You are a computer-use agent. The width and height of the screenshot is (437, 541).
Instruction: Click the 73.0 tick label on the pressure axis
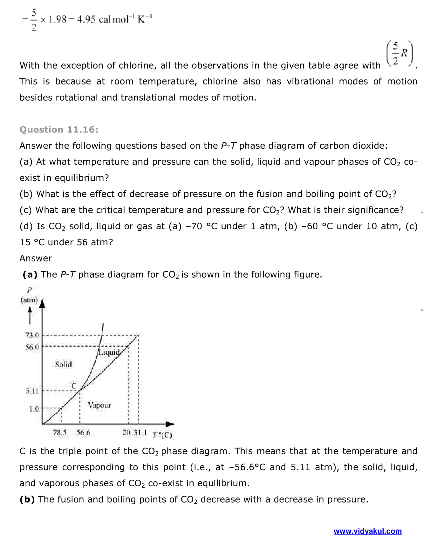(32, 335)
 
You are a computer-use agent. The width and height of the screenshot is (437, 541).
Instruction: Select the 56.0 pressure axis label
(32, 347)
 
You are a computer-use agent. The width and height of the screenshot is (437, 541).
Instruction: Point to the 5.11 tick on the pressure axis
(32, 391)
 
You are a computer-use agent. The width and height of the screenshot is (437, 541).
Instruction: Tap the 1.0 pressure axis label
(34, 409)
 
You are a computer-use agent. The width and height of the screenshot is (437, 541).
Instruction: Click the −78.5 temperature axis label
(58, 432)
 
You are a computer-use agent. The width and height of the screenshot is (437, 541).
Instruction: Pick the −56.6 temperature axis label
(81, 432)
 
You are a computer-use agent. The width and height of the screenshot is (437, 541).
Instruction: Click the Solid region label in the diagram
(64, 364)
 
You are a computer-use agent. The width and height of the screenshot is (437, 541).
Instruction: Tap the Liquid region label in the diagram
(109, 352)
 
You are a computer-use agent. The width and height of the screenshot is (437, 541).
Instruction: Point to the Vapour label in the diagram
(99, 405)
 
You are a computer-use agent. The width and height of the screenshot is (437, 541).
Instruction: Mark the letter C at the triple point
(74, 386)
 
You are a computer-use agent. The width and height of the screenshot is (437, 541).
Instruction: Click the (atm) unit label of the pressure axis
(29, 300)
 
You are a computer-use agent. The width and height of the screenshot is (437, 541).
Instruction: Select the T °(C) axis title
(162, 434)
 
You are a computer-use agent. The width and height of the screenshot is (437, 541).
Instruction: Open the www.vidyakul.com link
(367, 531)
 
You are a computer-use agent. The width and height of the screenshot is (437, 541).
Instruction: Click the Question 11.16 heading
(59, 130)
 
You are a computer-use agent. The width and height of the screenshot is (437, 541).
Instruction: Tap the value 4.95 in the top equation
(86, 19)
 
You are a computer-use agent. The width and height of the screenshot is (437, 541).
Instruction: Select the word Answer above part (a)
(36, 258)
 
